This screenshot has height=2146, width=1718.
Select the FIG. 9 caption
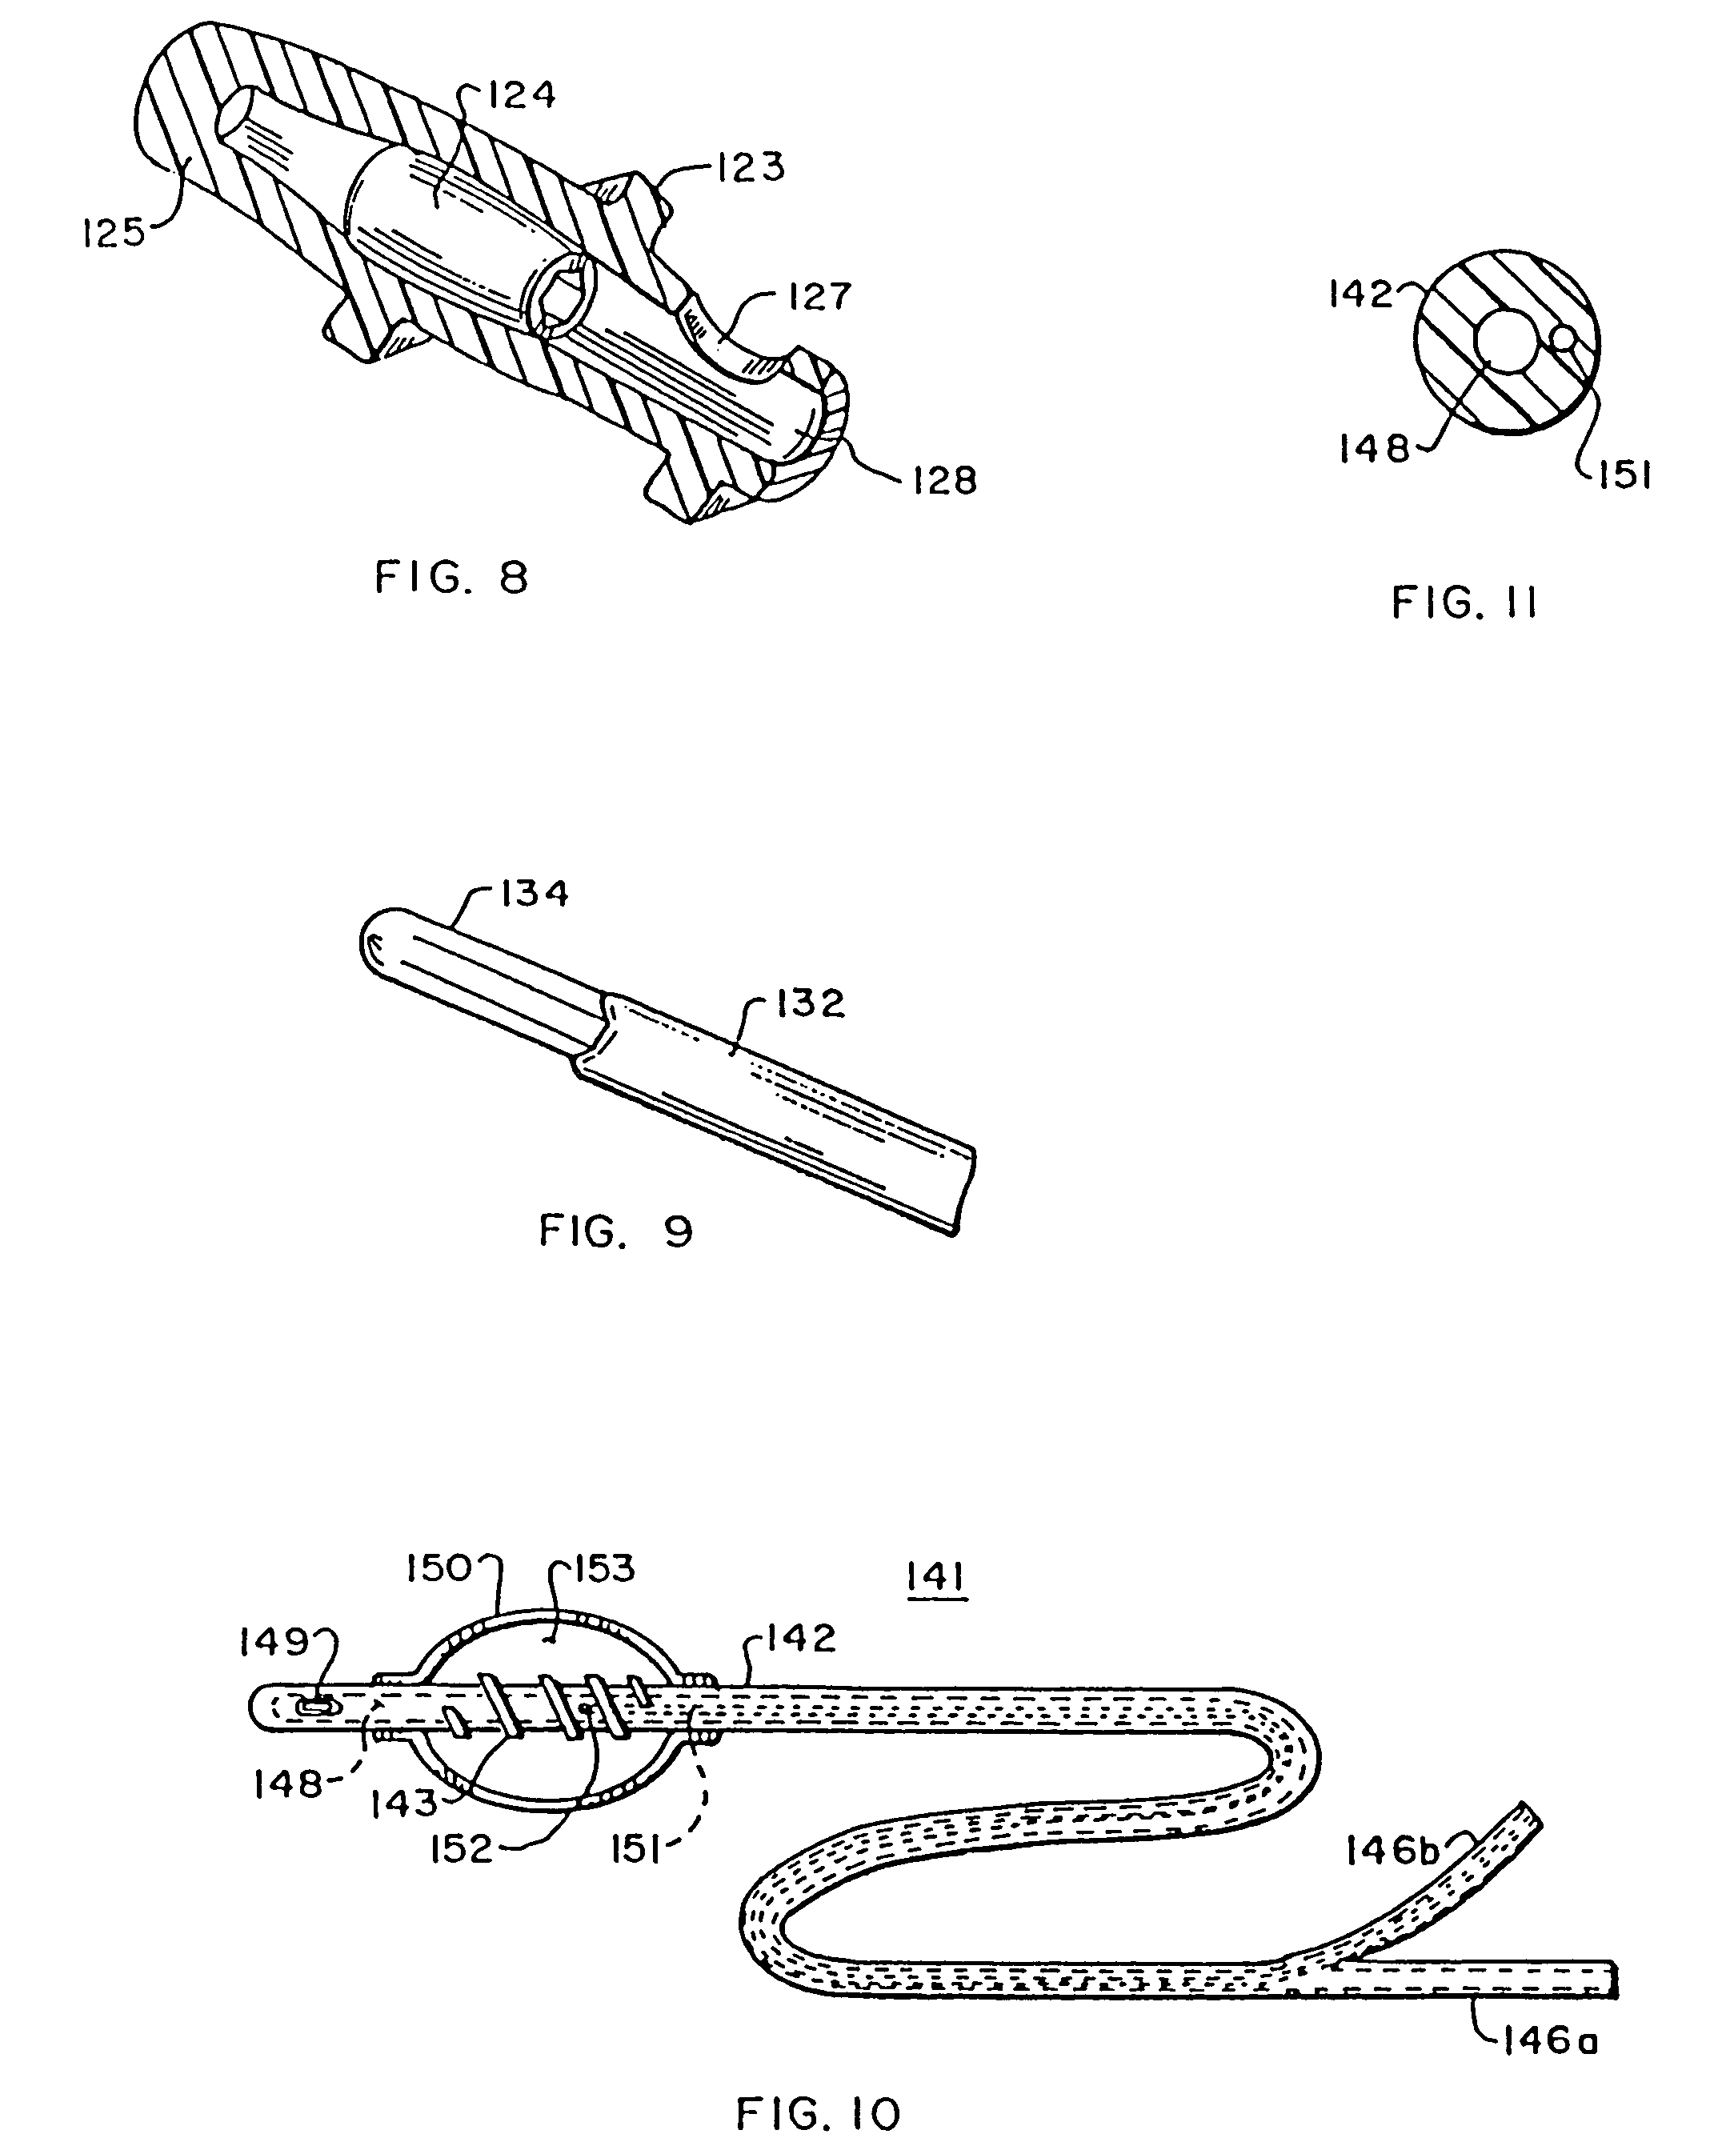(x=616, y=1231)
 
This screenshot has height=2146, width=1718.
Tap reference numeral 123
(x=751, y=166)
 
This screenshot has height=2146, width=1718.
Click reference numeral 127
(x=820, y=297)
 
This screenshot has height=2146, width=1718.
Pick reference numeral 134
(x=534, y=893)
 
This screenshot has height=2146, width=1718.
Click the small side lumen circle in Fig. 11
(x=1564, y=339)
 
